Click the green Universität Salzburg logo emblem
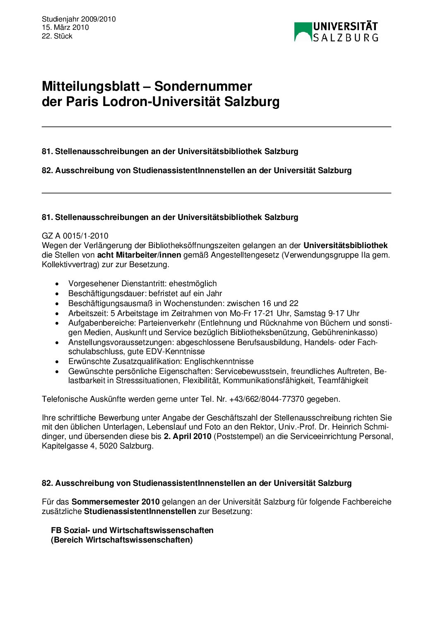click(302, 32)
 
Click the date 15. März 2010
click(65, 28)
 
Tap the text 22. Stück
click(57, 36)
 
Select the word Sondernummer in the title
click(203, 87)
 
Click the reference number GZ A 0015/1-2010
click(75, 236)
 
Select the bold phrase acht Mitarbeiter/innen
click(133, 255)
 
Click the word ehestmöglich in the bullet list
click(193, 284)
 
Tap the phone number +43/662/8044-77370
click(267, 399)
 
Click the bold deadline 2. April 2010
click(188, 437)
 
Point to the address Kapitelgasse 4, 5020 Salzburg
click(97, 446)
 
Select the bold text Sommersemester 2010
click(116, 502)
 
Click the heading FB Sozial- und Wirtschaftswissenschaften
click(132, 531)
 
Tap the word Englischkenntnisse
click(219, 362)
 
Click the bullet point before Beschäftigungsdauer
click(58, 294)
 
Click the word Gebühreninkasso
click(344, 333)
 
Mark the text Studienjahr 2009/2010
click(79, 19)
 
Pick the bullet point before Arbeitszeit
click(58, 314)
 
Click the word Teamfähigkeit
click(343, 381)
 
